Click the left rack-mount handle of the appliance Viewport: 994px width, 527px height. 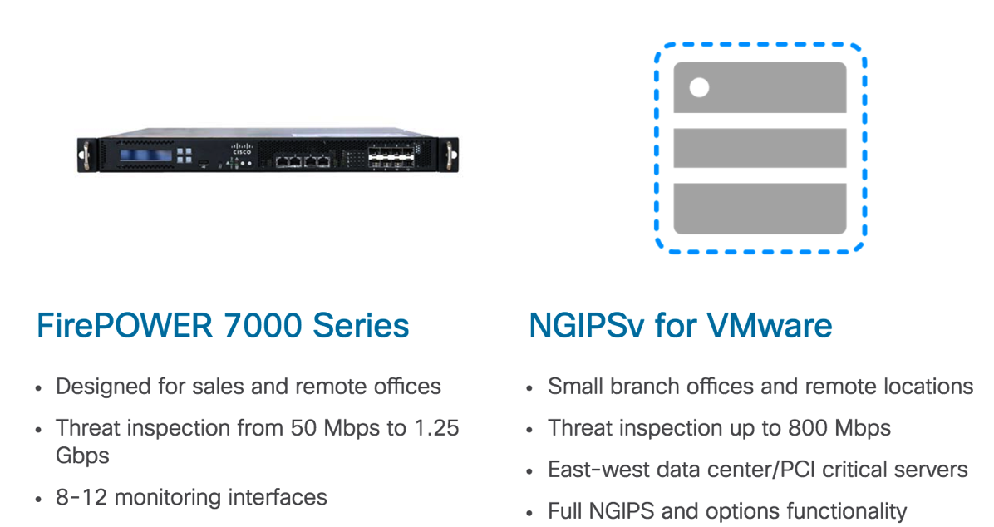tap(85, 155)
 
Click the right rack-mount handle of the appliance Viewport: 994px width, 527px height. tap(450, 155)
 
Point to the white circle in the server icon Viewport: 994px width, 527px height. tap(700, 87)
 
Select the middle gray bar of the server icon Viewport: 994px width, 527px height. tap(760, 148)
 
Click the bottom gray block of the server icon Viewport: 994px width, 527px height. tap(760, 208)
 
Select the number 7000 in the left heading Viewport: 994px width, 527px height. tap(253, 325)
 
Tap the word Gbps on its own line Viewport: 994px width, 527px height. tap(82, 456)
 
